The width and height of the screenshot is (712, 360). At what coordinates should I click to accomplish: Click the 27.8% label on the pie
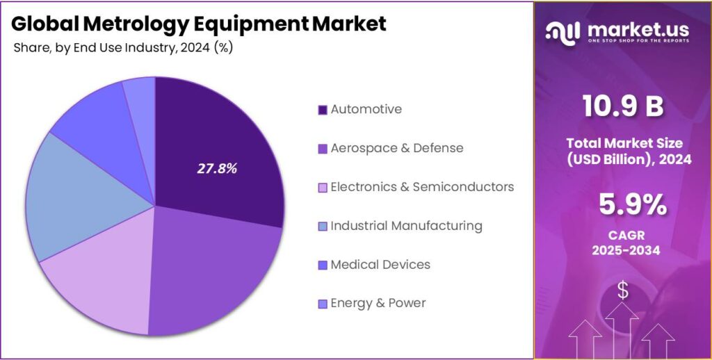(x=217, y=168)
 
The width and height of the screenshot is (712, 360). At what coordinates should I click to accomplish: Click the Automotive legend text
(x=366, y=109)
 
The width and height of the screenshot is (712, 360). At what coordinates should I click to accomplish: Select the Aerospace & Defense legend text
(x=396, y=148)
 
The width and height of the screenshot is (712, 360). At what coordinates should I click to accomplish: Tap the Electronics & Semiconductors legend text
(x=422, y=187)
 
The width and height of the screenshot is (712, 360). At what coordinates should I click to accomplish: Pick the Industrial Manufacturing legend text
(x=406, y=226)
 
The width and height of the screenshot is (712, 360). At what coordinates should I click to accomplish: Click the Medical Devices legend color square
(x=322, y=265)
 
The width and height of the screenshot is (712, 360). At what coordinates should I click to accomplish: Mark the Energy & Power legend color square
(x=322, y=304)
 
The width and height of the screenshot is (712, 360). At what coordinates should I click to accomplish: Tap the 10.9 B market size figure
(x=622, y=106)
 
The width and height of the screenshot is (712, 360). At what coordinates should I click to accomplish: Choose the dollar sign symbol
(x=622, y=291)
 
